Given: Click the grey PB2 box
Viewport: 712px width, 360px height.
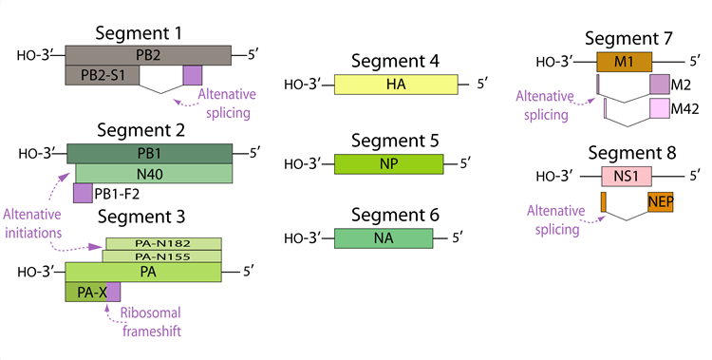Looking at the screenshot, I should click(147, 53).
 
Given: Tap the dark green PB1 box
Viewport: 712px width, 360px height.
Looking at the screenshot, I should click(150, 153).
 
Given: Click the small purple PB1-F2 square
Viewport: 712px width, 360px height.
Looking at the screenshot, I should click(83, 194).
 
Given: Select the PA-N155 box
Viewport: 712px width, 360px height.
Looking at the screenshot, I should click(163, 256).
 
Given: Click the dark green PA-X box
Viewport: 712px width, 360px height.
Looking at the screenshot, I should click(85, 292).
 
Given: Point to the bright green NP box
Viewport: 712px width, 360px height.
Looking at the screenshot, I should click(389, 163).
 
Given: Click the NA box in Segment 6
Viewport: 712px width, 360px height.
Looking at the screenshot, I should click(384, 237).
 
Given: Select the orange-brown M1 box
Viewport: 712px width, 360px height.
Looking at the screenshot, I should click(624, 63).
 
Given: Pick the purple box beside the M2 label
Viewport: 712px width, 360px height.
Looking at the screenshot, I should click(659, 85).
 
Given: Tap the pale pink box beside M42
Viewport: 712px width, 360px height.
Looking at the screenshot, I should click(659, 107).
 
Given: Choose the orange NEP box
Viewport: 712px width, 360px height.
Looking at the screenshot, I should click(661, 201).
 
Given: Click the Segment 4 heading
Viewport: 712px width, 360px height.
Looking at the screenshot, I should click(394, 63).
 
